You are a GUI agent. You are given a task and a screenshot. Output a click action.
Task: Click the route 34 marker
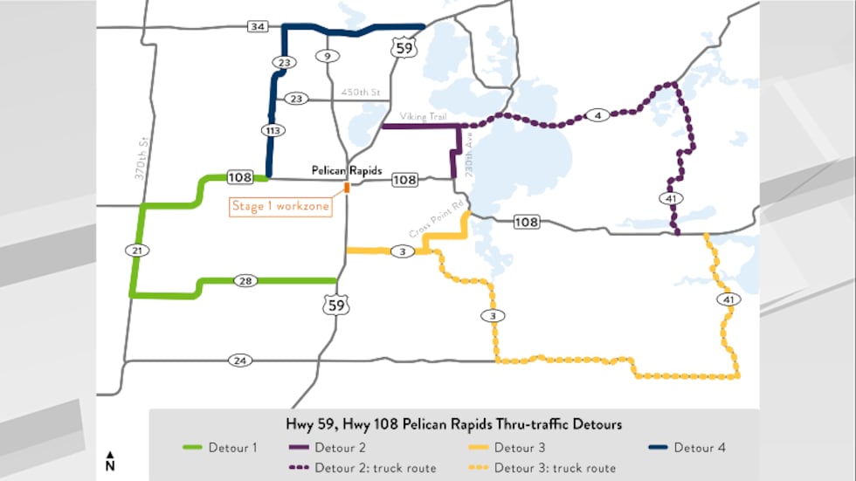[x=257, y=27]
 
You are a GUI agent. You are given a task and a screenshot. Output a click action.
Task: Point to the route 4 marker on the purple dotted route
[x=597, y=115]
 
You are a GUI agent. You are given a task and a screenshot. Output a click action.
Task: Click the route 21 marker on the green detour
[x=136, y=251]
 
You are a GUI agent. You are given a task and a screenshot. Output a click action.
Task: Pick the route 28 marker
[x=245, y=280]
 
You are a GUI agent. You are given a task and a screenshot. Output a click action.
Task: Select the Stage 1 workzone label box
[x=280, y=208]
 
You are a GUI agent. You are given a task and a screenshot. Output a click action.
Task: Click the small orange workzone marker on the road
[x=347, y=187]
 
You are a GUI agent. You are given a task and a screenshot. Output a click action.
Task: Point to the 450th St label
[x=362, y=92]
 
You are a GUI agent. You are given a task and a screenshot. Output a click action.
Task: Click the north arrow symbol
[x=110, y=461]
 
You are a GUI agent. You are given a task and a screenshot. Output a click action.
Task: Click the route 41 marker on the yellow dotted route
[x=728, y=300]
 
